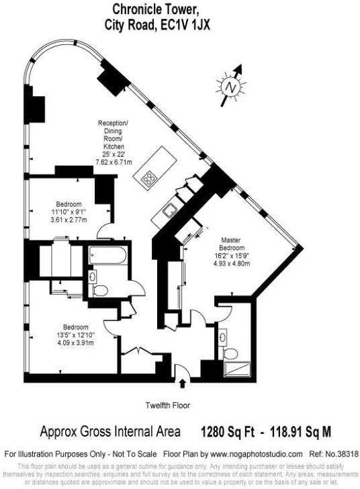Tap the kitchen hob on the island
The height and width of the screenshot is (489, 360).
point(148,179)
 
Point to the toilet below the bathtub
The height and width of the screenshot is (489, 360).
point(101,290)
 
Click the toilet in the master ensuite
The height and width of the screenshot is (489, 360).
point(229,354)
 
